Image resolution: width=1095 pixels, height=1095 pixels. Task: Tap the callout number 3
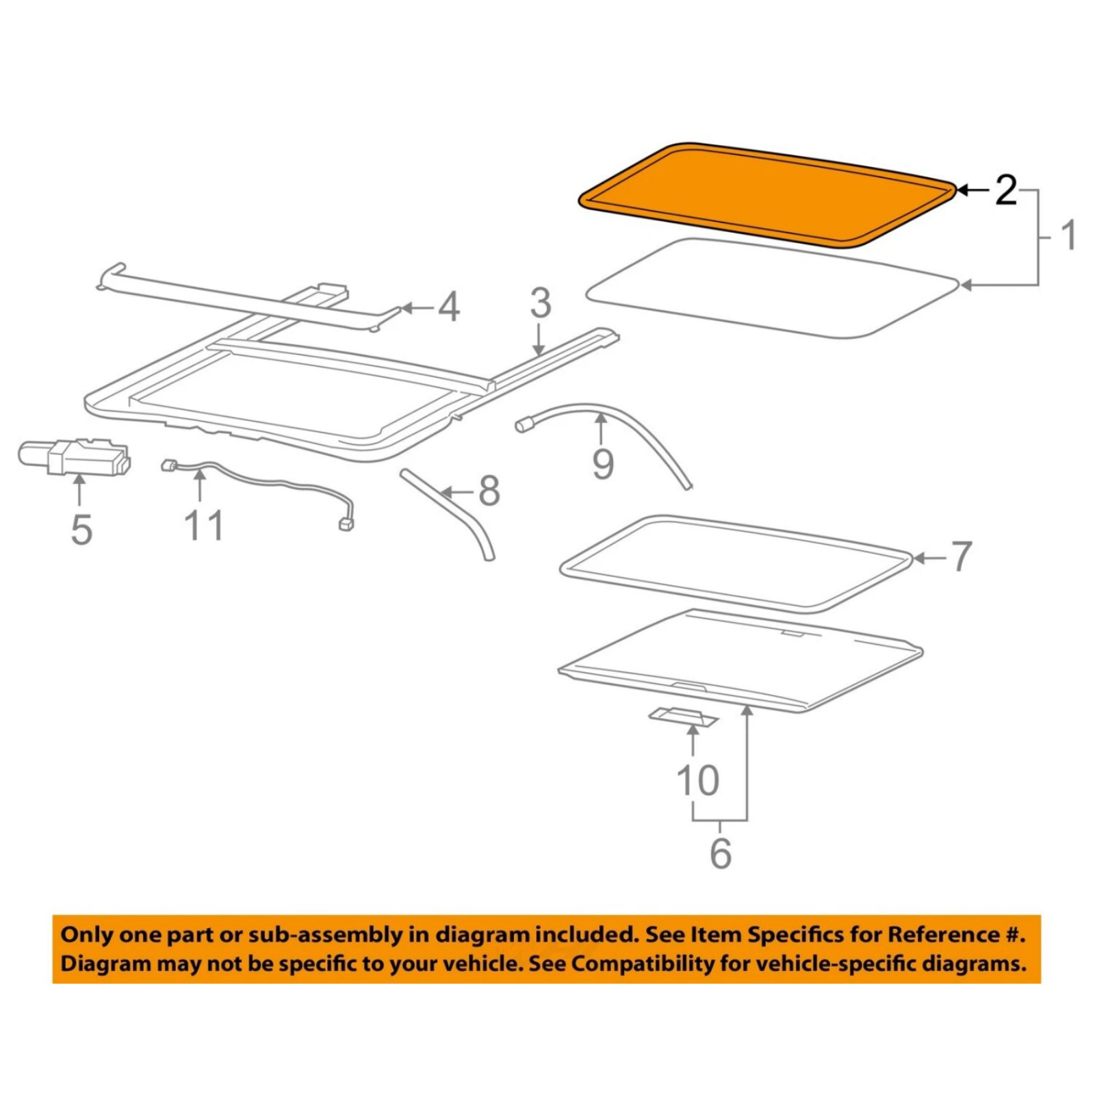click(x=540, y=303)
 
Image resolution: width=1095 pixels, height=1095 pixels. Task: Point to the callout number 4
click(x=448, y=308)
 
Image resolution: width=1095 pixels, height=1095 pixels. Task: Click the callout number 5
click(x=81, y=530)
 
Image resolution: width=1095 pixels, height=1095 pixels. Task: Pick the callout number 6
click(x=721, y=853)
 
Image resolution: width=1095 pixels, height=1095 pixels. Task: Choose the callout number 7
click(x=962, y=556)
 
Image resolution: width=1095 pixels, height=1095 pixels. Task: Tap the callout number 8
click(x=489, y=491)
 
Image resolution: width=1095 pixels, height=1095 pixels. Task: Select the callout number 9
click(x=602, y=465)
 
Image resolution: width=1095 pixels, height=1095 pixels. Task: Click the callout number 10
click(x=697, y=781)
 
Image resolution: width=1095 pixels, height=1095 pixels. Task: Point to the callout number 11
click(x=203, y=526)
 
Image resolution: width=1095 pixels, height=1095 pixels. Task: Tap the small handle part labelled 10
click(x=683, y=717)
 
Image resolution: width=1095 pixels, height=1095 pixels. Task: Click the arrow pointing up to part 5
click(x=80, y=493)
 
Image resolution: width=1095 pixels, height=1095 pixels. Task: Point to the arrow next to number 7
click(x=929, y=559)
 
